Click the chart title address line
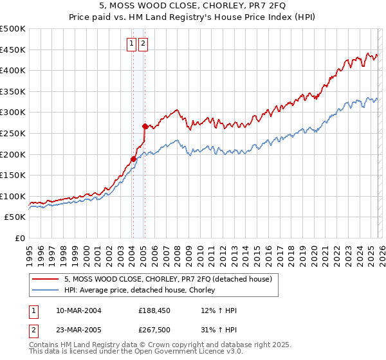(x=192, y=5)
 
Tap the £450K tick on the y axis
(x=13, y=50)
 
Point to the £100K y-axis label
(x=13, y=196)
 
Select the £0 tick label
(x=21, y=238)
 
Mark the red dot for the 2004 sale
(x=133, y=159)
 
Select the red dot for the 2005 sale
(x=145, y=126)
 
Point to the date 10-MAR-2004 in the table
(x=78, y=310)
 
